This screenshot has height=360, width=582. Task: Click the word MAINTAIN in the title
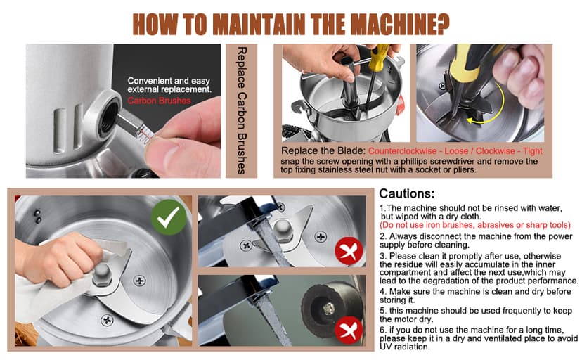(x=259, y=25)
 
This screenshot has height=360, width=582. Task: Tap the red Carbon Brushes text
(x=159, y=101)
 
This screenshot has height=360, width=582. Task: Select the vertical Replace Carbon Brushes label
(x=241, y=110)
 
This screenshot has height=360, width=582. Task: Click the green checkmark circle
(x=169, y=217)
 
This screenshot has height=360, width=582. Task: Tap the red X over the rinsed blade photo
(x=349, y=251)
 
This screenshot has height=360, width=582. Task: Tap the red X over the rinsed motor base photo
(x=349, y=330)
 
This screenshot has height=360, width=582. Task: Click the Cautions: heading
(x=406, y=194)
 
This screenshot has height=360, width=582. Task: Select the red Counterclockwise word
(x=402, y=151)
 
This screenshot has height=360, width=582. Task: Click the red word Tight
(x=532, y=151)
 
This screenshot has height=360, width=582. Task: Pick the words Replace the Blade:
(x=323, y=150)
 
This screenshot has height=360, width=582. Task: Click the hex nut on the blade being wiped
(x=102, y=275)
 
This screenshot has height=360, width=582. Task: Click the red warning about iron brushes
(x=474, y=225)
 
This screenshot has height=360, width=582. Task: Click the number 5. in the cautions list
(x=383, y=311)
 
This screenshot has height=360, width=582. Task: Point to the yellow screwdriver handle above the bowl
(x=380, y=57)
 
